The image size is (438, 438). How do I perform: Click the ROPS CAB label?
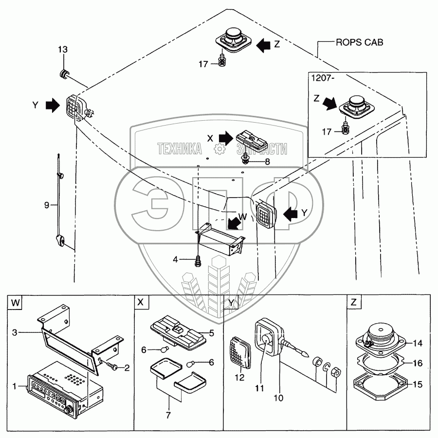[x=359, y=42]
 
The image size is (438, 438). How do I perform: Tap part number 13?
[x=63, y=50]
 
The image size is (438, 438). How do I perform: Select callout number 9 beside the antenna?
[x=47, y=205]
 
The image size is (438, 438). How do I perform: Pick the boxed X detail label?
[x=141, y=302]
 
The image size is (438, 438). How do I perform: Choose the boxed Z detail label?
[x=353, y=302]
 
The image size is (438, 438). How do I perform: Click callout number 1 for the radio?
[x=15, y=386]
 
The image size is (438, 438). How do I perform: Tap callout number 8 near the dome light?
[x=267, y=161]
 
